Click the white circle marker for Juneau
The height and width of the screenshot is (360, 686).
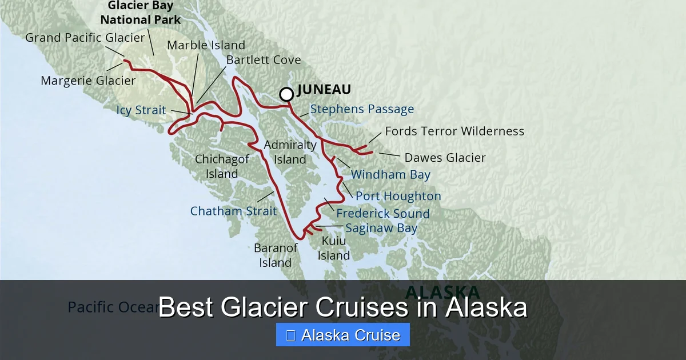286,94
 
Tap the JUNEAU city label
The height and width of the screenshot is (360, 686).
324,90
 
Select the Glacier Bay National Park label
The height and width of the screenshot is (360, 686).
141,13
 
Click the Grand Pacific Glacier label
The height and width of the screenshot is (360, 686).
85,38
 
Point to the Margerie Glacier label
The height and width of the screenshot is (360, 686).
88,81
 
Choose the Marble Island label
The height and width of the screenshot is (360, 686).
206,45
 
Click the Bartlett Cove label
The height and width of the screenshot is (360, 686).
264,60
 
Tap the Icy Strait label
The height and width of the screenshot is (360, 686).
141,110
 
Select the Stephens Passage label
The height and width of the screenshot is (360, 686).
362,109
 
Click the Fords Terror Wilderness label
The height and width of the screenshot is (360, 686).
454,131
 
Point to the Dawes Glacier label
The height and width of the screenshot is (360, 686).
445,158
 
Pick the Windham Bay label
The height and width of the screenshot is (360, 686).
390,174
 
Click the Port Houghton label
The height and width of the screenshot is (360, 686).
398,196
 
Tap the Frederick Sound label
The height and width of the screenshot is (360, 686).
383,213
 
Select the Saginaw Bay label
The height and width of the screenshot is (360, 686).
381,228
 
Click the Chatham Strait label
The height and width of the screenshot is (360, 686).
233,211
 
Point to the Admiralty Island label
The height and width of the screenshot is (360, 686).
290,152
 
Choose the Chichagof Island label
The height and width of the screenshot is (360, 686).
222,166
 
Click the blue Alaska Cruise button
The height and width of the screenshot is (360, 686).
343,335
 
